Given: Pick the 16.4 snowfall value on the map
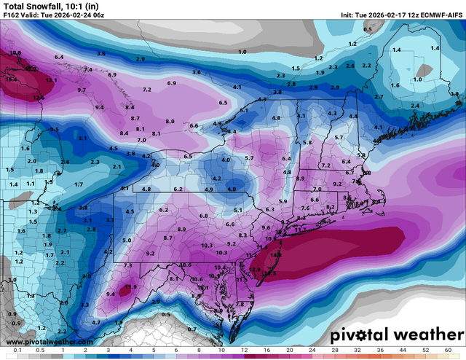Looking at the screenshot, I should (x=12, y=78).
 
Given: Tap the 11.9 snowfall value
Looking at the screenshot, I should (x=131, y=287).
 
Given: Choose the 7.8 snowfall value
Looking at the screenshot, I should (x=240, y=304).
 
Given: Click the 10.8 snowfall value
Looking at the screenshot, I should (x=16, y=53).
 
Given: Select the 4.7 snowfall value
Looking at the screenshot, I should (x=95, y=321).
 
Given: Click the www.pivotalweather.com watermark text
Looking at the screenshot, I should (x=47, y=341).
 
